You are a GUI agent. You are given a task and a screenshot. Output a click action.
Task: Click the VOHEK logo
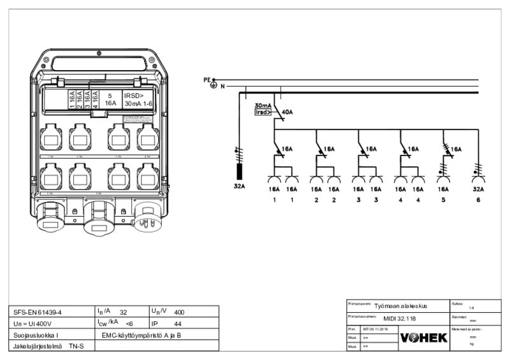coord(423,337)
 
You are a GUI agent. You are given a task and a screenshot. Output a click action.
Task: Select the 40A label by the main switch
coord(287,112)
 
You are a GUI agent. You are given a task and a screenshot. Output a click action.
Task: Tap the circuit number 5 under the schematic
coord(443,201)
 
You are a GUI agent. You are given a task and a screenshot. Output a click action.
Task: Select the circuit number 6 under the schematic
coord(477,201)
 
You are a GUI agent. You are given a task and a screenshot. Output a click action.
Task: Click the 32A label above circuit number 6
coord(477,189)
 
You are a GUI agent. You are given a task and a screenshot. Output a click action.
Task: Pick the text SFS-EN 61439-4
coord(37,313)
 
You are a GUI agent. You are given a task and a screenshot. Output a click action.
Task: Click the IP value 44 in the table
coord(178,324)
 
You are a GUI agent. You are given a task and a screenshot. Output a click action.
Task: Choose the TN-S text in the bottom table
coord(76,346)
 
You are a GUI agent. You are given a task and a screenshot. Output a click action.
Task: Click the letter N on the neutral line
coord(222,86)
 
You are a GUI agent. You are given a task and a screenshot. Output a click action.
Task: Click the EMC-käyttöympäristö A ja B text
coord(150,335)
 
